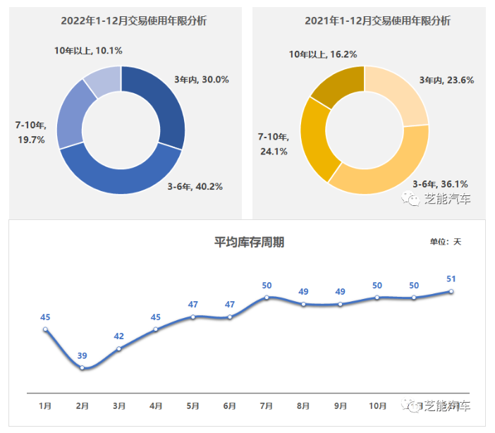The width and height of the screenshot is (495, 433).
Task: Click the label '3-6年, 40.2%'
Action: click(x=195, y=187)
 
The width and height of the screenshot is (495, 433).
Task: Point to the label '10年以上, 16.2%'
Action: click(x=323, y=54)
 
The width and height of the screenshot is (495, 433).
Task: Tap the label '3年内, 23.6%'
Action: click(x=446, y=80)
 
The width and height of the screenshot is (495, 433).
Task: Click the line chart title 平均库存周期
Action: click(x=250, y=243)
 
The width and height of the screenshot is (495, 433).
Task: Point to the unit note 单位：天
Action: click(x=445, y=242)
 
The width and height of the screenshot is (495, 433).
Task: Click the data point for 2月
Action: click(x=82, y=367)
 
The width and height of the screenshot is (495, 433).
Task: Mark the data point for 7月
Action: click(x=267, y=298)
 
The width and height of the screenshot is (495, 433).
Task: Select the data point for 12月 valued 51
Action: click(x=451, y=291)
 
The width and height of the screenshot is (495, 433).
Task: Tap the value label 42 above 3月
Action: click(x=119, y=336)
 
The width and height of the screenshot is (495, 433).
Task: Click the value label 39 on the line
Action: click(x=82, y=355)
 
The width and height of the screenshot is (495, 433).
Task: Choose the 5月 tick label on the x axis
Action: click(x=192, y=405)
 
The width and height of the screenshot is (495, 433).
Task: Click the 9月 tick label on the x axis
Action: click(x=340, y=405)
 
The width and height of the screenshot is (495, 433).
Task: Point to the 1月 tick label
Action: click(x=45, y=405)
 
